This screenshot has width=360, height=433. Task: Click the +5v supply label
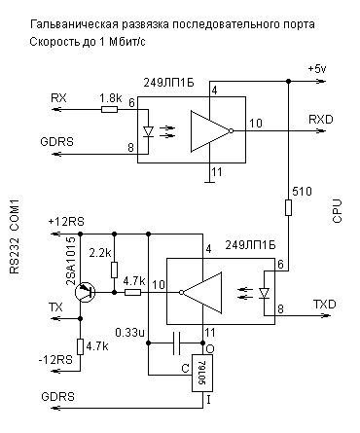319,69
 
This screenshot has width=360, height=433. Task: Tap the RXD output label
320,119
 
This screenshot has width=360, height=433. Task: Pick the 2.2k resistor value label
98,254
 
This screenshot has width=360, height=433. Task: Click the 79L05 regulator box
204,374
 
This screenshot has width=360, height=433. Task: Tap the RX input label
57,97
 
